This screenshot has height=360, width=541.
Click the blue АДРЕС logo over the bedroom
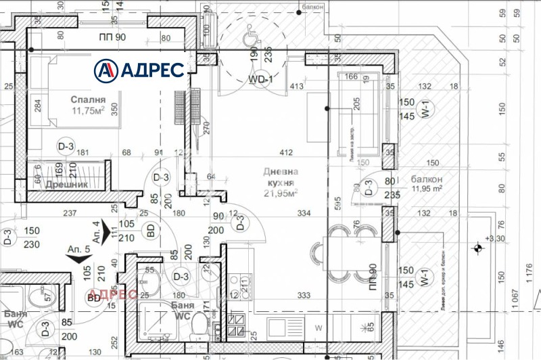pyautogui.click(x=139, y=69)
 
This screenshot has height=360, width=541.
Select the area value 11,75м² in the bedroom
pyautogui.click(x=88, y=112)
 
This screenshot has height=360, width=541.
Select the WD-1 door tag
pyautogui.click(x=260, y=79)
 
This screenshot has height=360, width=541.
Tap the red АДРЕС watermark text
pyautogui.click(x=113, y=294)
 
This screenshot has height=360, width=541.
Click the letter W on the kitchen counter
pyautogui.click(x=319, y=328)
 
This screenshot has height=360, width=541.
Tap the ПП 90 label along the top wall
pyautogui.click(x=112, y=37)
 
